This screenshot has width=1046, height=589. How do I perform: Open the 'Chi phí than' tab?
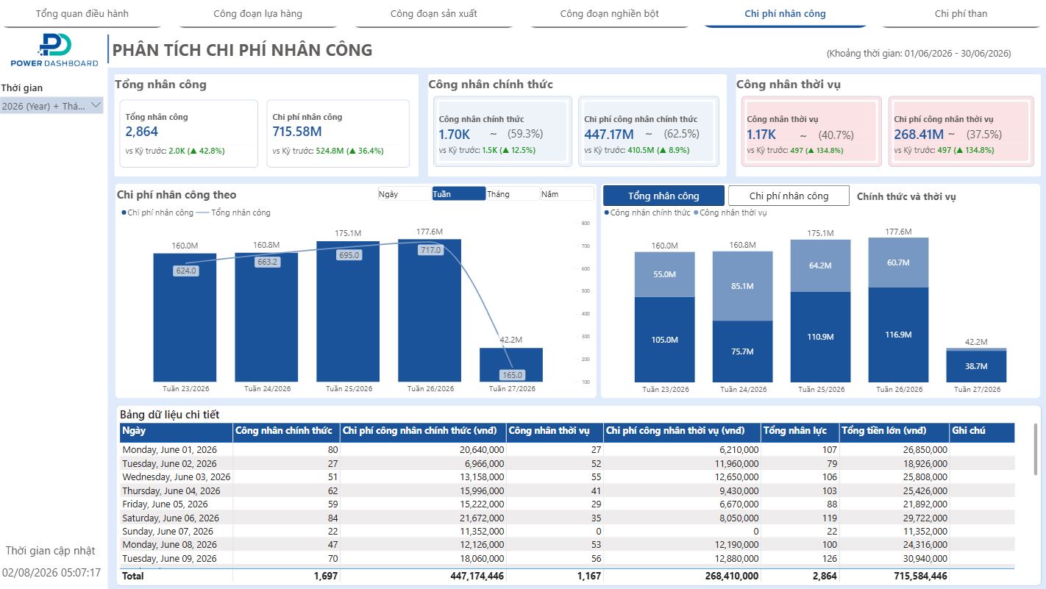coord(961,13)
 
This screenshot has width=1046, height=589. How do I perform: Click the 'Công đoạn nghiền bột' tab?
coord(609,13)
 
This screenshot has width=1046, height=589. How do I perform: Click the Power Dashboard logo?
coord(54,50)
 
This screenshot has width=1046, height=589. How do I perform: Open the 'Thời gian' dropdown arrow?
coord(96,105)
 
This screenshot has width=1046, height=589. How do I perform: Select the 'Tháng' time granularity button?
coord(512,193)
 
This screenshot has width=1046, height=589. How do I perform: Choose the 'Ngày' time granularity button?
coord(405,193)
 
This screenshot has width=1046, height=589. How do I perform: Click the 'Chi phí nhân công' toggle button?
coord(789,196)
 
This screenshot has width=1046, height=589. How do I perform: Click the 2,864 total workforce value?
coord(141,132)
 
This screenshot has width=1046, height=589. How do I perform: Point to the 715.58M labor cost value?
coord(297,132)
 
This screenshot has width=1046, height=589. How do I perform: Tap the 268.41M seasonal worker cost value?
coord(919,135)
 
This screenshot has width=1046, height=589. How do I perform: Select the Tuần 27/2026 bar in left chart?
coord(510,365)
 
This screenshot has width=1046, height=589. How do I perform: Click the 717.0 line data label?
coord(430,250)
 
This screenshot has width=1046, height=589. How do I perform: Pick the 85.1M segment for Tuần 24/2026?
coord(742,286)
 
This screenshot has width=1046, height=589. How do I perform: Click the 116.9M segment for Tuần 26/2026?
coord(898,335)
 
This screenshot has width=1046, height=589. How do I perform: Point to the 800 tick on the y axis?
coord(586,223)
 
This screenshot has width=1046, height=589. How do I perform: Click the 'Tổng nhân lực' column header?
coord(794,430)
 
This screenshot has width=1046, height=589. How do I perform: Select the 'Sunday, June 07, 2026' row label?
coord(168,531)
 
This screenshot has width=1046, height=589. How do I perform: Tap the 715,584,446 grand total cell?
coord(920,576)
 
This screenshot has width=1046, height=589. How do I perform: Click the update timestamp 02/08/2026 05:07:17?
coord(51,573)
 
